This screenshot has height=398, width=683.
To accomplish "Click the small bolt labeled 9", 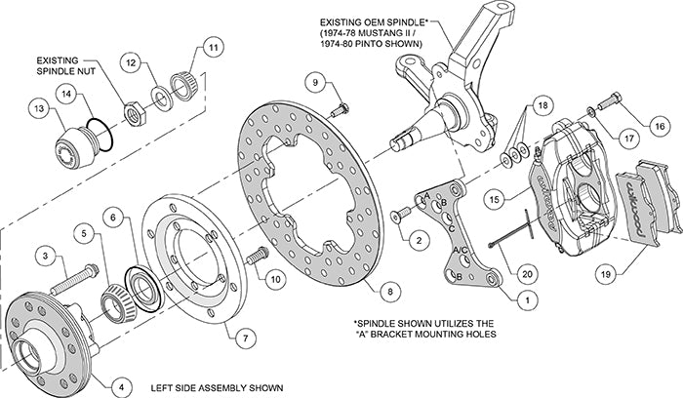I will pos(341,114).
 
